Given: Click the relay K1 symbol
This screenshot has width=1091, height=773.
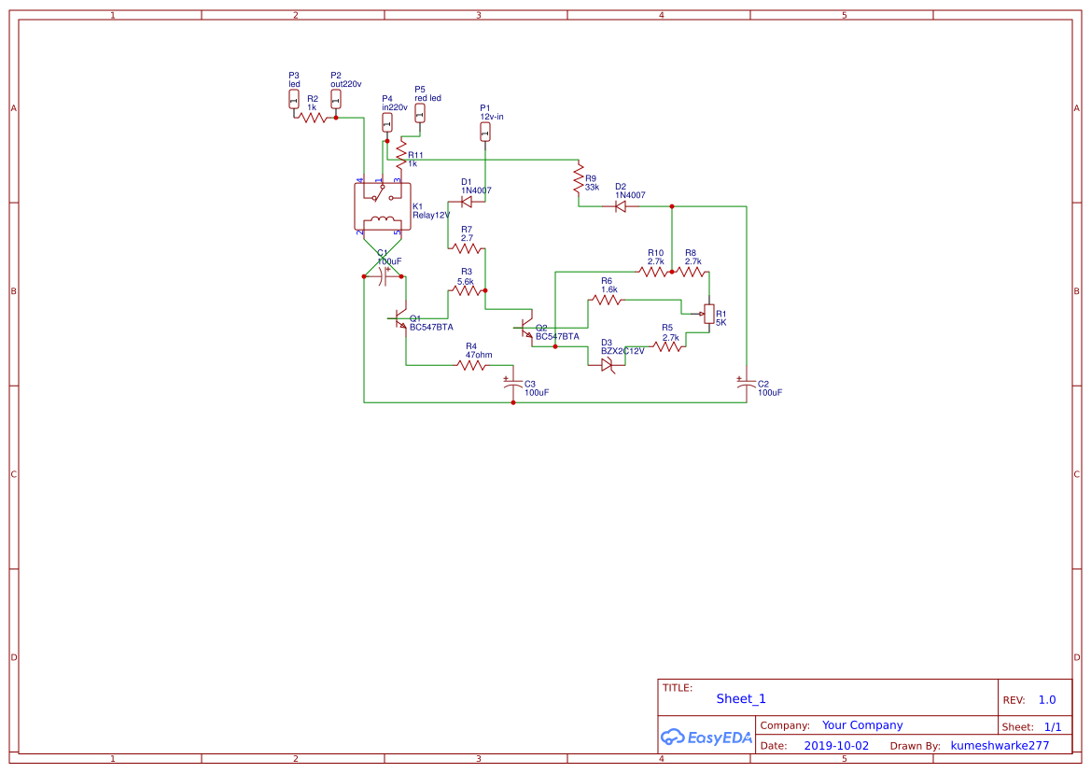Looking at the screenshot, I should pos(381,206).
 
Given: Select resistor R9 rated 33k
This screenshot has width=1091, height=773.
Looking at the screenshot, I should pos(578,182).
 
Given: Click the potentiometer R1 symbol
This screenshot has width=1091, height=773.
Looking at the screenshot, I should pos(708,315).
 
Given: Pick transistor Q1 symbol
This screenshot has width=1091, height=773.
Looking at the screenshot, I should pos(401,320).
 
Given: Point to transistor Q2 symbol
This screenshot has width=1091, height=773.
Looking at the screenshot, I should pos(525,328).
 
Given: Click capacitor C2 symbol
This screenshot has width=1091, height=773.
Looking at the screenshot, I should pos(746,384).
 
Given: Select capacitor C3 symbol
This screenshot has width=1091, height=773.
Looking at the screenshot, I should pos(512,384).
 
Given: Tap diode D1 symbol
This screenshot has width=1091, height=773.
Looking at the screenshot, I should pos(467,201).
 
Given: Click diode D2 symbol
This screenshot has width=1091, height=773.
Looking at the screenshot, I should pos(621,206).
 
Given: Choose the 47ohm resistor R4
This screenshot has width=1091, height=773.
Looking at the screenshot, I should pos(471,365).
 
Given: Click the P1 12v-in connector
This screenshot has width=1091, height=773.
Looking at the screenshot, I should pos(484,133).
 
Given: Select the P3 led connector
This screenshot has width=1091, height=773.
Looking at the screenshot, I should pos(294,99).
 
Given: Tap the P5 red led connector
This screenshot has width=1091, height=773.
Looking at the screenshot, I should pos(419,113).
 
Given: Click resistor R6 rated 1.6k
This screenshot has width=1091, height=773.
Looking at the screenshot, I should pos(608,300).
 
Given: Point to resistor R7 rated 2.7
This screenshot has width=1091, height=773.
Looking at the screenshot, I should pos(467,248).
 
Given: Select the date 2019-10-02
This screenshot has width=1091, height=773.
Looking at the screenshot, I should pos(836,746).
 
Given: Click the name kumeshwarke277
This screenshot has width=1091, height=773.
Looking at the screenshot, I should pos(1000,746).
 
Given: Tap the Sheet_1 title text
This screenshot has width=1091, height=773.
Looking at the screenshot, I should pos(741,698).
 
